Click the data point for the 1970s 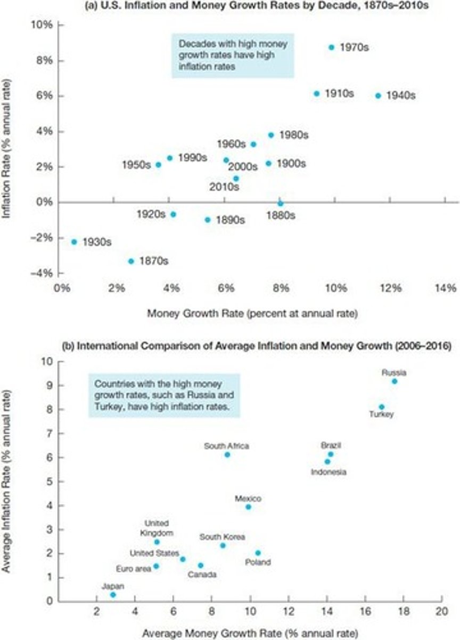[x=331, y=47]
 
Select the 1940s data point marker [x=378, y=95]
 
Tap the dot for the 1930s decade [x=74, y=242]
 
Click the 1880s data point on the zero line [x=281, y=203]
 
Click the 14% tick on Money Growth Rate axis [x=445, y=289]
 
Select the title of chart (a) [x=230, y=6]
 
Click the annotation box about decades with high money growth [x=233, y=57]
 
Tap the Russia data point [x=395, y=381]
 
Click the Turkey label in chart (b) [x=382, y=415]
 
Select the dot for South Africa [x=227, y=454]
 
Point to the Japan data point [x=113, y=595]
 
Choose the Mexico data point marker [x=248, y=507]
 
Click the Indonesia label [x=328, y=472]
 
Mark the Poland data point [x=258, y=553]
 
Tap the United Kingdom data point [x=157, y=542]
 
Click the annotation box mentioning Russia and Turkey [x=164, y=395]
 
